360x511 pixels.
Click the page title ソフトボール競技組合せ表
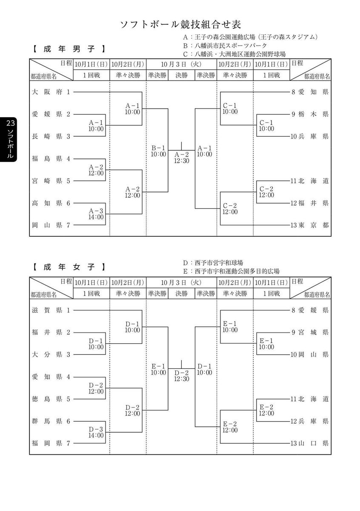coord(180,23)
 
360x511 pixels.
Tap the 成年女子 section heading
coord(69,267)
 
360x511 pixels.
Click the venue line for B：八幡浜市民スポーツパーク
coord(225,46)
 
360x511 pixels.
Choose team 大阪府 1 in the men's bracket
coord(51,92)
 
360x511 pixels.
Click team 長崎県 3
coord(51,136)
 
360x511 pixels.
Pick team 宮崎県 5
coord(51,181)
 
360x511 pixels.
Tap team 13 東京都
coord(310,225)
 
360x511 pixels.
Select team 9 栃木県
coord(310,114)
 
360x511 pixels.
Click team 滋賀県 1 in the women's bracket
coord(51,310)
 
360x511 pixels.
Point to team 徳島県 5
coord(51,399)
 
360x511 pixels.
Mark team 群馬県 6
coord(51,421)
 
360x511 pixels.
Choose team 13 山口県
coord(310,443)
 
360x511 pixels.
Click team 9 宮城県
coord(310,332)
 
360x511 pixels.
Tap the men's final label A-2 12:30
coord(182,158)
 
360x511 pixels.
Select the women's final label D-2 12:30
coord(182,376)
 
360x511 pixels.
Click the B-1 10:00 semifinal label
coord(158,151)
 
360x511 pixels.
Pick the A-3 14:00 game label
coord(96,214)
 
